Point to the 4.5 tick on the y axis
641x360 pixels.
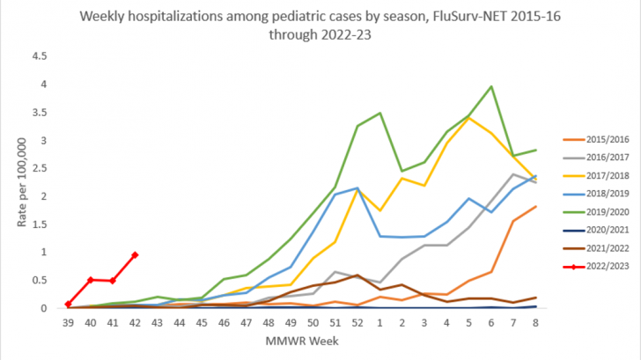pyautogui.click(x=40, y=55)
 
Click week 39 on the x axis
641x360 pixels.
pyautogui.click(x=68, y=324)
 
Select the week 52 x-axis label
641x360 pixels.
pyautogui.click(x=357, y=324)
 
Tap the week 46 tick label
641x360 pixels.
pyautogui.click(x=224, y=324)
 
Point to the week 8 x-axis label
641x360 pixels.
pyautogui.click(x=535, y=324)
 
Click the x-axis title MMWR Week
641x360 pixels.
pyautogui.click(x=301, y=341)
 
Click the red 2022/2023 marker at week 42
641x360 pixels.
pyautogui.click(x=135, y=255)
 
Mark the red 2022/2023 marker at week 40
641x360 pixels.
pyautogui.click(x=91, y=280)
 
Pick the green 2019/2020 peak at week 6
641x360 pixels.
pyautogui.click(x=490, y=87)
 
